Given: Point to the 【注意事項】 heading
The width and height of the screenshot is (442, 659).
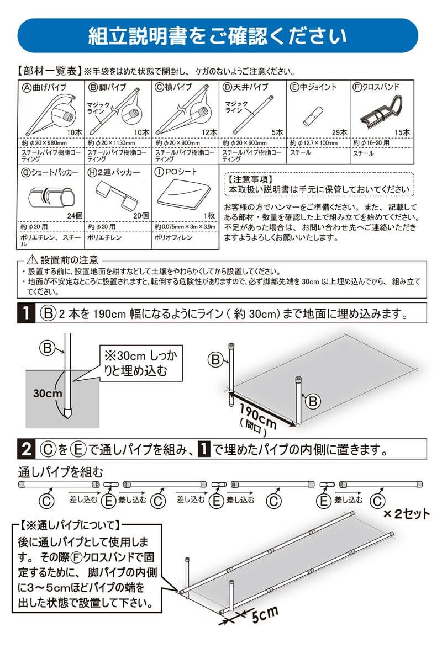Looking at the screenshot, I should point(250,179).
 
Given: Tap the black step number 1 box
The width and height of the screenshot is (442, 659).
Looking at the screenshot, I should point(25,314).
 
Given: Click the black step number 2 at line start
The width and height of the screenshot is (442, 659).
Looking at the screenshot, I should point(25,450).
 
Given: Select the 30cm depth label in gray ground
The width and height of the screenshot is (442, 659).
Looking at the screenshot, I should point(48,394).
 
